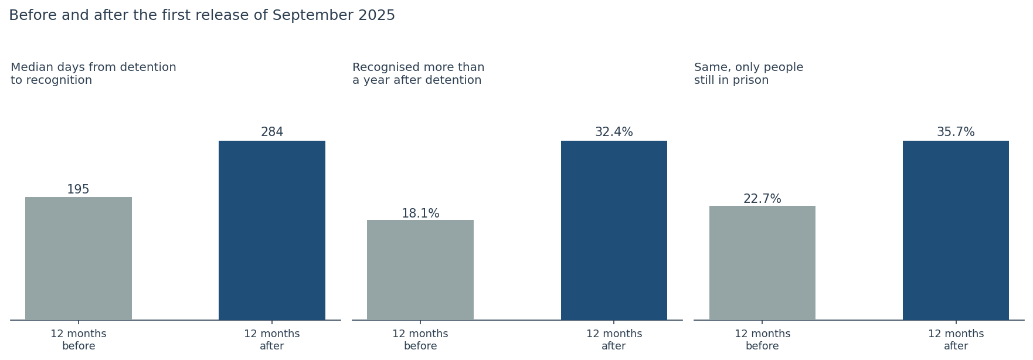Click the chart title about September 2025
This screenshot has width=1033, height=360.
point(202,16)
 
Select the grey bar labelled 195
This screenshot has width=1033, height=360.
point(79,259)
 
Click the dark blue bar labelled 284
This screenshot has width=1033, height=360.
point(272,230)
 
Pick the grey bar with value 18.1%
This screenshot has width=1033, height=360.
point(420,270)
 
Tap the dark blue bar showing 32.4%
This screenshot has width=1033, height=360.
point(614,230)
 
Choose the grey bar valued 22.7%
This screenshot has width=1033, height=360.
point(762,263)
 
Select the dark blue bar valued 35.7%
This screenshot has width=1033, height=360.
point(956,230)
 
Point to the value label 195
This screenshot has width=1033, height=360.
point(78,190)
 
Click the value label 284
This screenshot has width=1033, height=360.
point(272,133)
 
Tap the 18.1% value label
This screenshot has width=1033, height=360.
point(420,213)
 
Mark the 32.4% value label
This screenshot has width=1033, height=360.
point(614,133)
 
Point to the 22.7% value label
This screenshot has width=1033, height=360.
point(762,199)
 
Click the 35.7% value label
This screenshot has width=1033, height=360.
point(956,133)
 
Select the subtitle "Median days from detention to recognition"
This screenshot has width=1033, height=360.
point(93,74)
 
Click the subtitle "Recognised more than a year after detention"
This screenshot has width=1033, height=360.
point(418,74)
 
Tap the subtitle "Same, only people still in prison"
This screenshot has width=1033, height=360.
point(749,74)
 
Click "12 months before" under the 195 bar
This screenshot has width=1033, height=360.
point(79,340)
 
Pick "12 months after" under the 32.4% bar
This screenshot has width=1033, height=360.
point(614,340)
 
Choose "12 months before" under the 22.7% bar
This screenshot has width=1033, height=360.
point(762,340)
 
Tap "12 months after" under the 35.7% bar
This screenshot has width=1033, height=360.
point(956,340)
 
